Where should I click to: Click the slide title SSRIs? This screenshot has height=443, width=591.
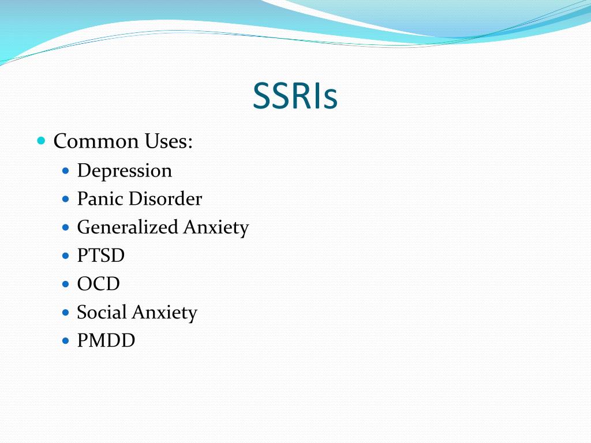click(x=295, y=97)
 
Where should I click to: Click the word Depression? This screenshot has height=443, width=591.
click(x=125, y=171)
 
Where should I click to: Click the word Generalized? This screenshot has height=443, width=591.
click(x=128, y=227)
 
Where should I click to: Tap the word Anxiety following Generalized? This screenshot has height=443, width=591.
click(x=216, y=227)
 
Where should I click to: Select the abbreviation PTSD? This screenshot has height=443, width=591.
click(x=101, y=256)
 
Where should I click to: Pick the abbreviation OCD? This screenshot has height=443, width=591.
click(x=99, y=284)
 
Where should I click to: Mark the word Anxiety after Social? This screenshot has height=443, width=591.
click(x=164, y=313)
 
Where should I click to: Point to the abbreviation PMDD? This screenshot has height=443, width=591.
click(x=106, y=340)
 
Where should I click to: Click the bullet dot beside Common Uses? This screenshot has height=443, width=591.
click(x=41, y=140)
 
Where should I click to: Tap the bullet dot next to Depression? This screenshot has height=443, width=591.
click(x=66, y=171)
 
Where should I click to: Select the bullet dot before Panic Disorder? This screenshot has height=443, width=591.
click(x=66, y=199)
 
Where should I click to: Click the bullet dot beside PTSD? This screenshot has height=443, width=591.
click(x=66, y=256)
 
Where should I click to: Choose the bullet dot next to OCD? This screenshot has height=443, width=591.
click(x=66, y=284)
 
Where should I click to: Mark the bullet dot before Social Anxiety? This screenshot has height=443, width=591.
click(x=66, y=312)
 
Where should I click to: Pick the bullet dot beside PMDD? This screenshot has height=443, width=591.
click(x=66, y=340)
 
